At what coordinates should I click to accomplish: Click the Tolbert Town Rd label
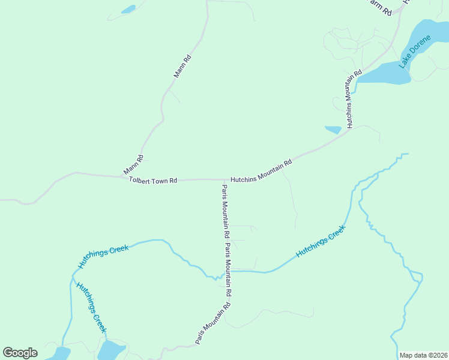[153, 180]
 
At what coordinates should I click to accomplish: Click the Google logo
[20, 353]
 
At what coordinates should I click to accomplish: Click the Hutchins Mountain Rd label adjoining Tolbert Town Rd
[261, 170]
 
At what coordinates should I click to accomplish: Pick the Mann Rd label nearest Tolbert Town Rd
[133, 165]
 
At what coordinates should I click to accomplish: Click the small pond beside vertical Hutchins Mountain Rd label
[333, 129]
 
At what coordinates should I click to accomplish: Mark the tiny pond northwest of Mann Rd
[128, 10]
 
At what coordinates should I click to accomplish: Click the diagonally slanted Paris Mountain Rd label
[213, 323]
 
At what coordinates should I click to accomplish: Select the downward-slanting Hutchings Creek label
[91, 307]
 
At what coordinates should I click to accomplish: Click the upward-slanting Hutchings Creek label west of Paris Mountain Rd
[103, 256]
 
